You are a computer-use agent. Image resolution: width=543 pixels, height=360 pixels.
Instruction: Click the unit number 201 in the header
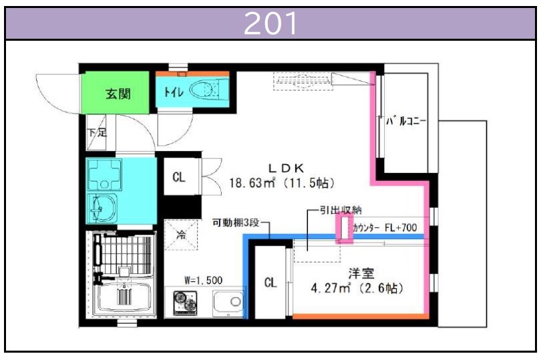tap(270, 23)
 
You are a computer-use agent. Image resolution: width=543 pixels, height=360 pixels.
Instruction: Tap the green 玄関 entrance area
tap(116, 92)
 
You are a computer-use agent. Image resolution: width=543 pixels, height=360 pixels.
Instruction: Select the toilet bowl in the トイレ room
tap(204, 89)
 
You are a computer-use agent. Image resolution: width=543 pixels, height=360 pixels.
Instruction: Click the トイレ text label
tap(174, 92)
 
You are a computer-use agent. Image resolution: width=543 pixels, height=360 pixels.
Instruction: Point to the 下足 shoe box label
tap(97, 132)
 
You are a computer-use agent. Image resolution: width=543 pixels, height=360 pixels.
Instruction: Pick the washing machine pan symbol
tap(104, 175)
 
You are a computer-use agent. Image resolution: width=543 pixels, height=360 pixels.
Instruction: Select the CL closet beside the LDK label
tap(179, 177)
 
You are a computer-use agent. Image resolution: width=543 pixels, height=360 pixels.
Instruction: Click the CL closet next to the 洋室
tap(270, 282)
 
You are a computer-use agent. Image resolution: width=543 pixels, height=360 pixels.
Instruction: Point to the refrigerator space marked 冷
tap(181, 234)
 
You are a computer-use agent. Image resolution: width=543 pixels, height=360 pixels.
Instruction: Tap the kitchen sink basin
tap(228, 302)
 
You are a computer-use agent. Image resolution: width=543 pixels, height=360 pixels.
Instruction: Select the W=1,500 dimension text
tap(204, 280)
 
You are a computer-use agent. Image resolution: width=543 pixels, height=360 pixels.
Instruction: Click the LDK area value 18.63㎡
tap(252, 182)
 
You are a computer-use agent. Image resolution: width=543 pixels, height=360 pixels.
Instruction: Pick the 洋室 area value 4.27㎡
tap(331, 288)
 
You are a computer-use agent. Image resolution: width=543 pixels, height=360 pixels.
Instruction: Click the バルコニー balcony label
tap(406, 121)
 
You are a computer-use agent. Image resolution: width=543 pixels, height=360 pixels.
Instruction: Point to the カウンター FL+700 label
tap(385, 228)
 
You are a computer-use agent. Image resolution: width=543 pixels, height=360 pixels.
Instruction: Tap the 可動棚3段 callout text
tap(236, 222)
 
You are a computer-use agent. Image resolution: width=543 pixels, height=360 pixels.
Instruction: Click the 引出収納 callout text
tap(341, 210)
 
